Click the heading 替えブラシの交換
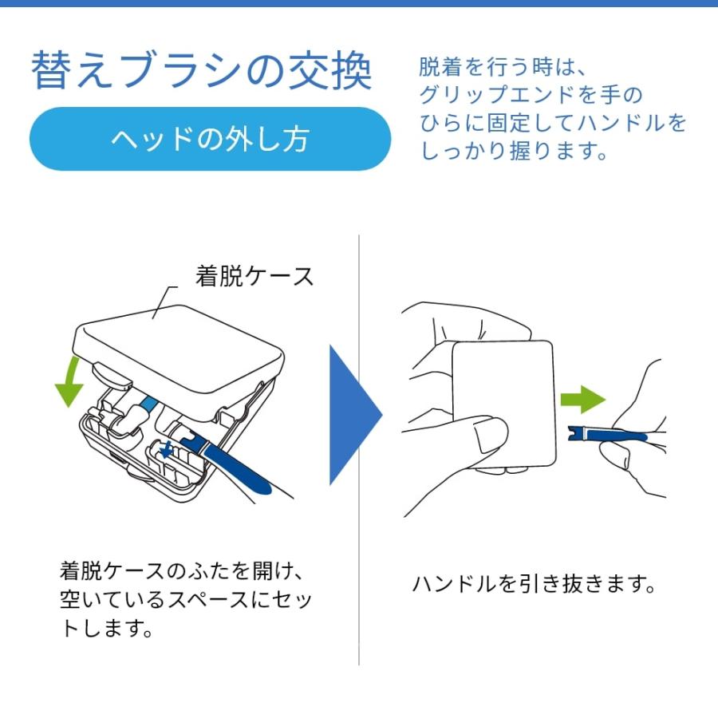201,71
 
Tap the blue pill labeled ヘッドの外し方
210,139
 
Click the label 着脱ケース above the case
254,276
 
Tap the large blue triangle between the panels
353,415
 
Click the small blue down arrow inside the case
166,451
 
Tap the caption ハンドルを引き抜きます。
533,585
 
